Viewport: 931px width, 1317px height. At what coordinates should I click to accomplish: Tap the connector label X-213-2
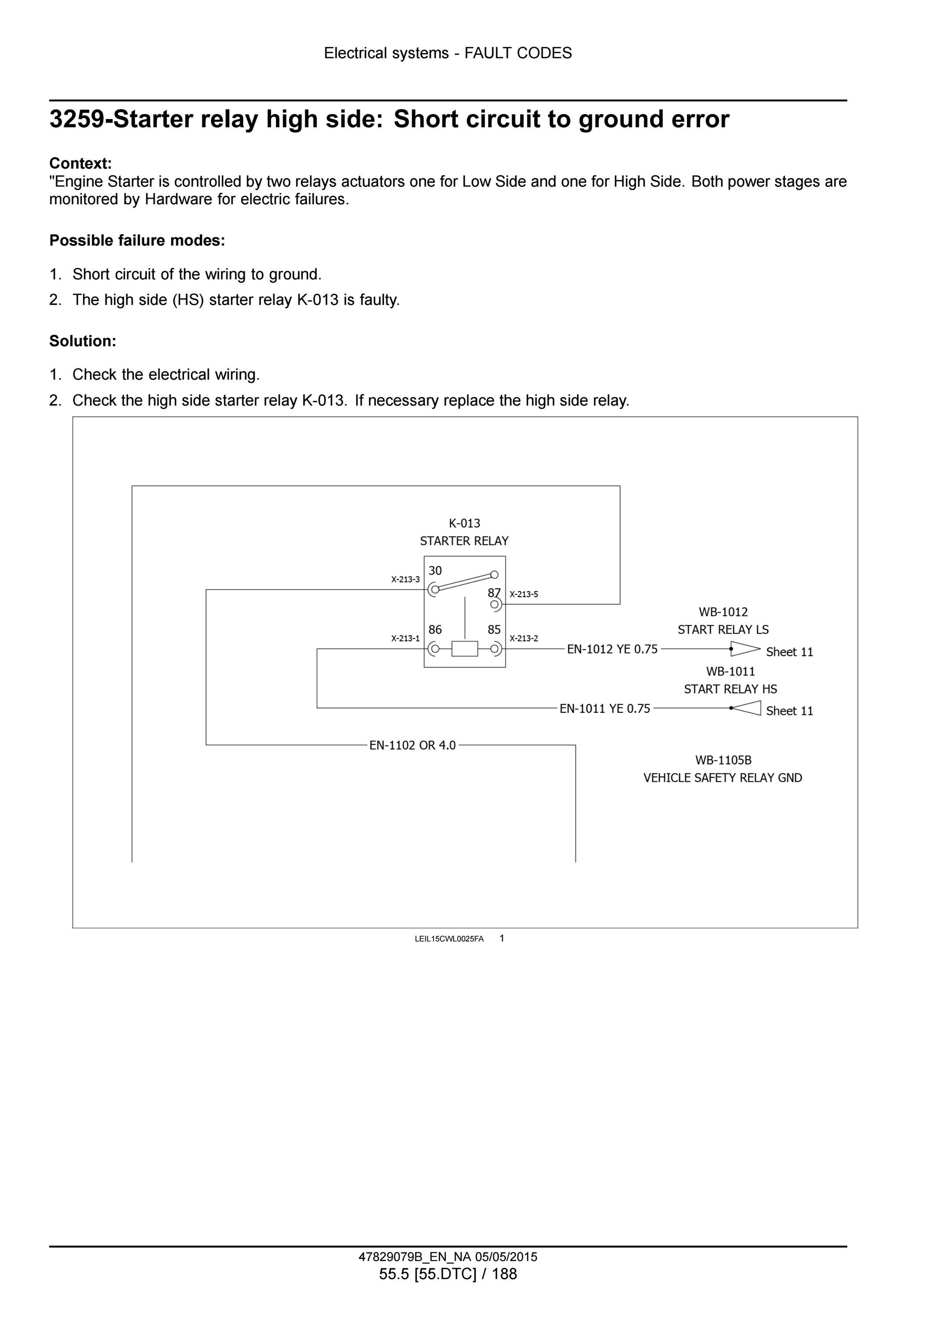click(524, 639)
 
